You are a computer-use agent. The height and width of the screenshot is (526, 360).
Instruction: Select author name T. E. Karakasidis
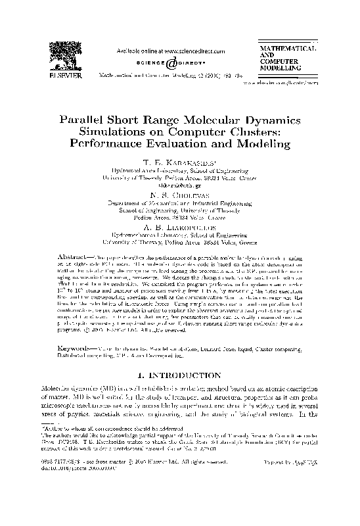179,162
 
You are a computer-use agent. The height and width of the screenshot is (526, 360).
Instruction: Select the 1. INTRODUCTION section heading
179,375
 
